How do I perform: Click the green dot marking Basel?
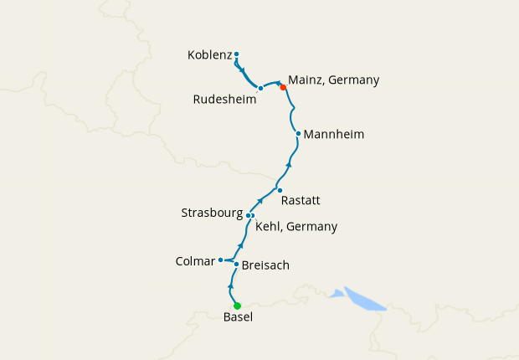coord(237,306)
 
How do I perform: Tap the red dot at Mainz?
coord(283,87)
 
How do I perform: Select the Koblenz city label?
coord(209,56)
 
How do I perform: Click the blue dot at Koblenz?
coord(237,54)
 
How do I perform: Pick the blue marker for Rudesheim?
coord(261,88)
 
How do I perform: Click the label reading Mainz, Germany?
coord(333,80)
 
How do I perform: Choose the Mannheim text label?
coord(334,134)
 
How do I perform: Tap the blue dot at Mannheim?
coord(298,133)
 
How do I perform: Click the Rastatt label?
coord(301,200)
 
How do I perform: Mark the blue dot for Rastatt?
coord(280,190)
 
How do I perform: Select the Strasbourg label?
coord(212,213)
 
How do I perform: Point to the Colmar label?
coord(195,261)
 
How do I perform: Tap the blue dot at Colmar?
coord(220,260)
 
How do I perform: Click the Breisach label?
coord(265,265)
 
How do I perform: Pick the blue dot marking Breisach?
coord(237,265)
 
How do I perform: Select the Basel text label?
coord(238,318)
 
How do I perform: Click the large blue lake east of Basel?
coord(365,299)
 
